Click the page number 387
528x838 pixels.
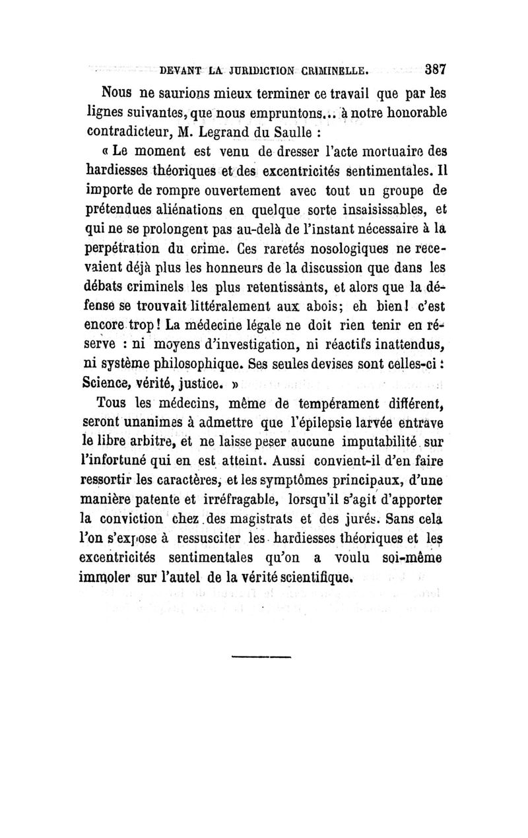point(436,69)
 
